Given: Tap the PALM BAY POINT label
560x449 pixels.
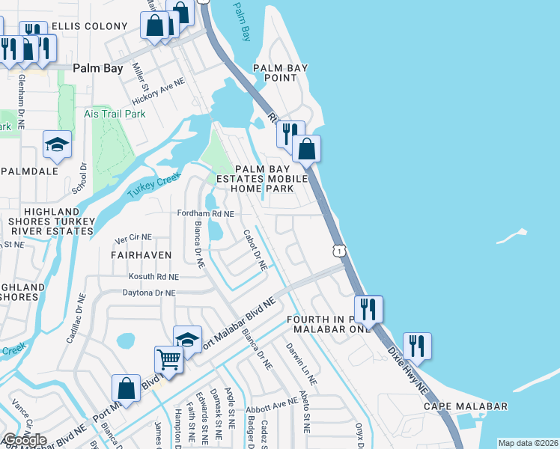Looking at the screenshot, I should point(281,73).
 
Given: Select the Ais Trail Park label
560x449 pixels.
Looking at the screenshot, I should point(115,114).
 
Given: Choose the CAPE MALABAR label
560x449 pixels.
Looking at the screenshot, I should point(465,406).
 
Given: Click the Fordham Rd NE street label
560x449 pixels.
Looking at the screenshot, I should point(206,213).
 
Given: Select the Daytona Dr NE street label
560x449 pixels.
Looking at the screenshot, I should point(149,293).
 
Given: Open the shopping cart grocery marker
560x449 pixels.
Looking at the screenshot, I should point(169,360).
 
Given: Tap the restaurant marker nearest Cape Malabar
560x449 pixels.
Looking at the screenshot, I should point(417,346).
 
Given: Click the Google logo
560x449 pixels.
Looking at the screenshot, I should point(25,440).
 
